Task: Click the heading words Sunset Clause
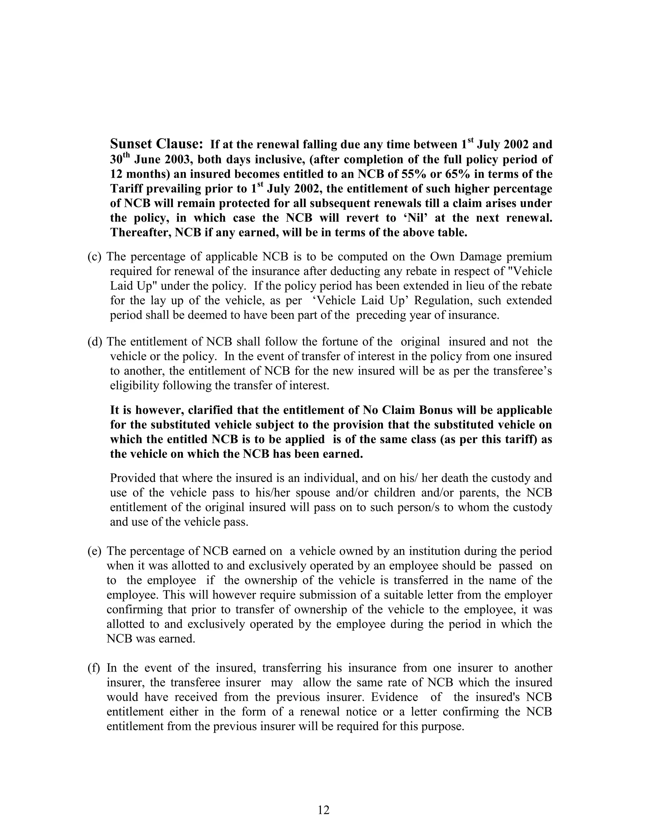[156, 144]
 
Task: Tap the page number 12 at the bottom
[323, 810]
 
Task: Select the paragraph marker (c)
[94, 257]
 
